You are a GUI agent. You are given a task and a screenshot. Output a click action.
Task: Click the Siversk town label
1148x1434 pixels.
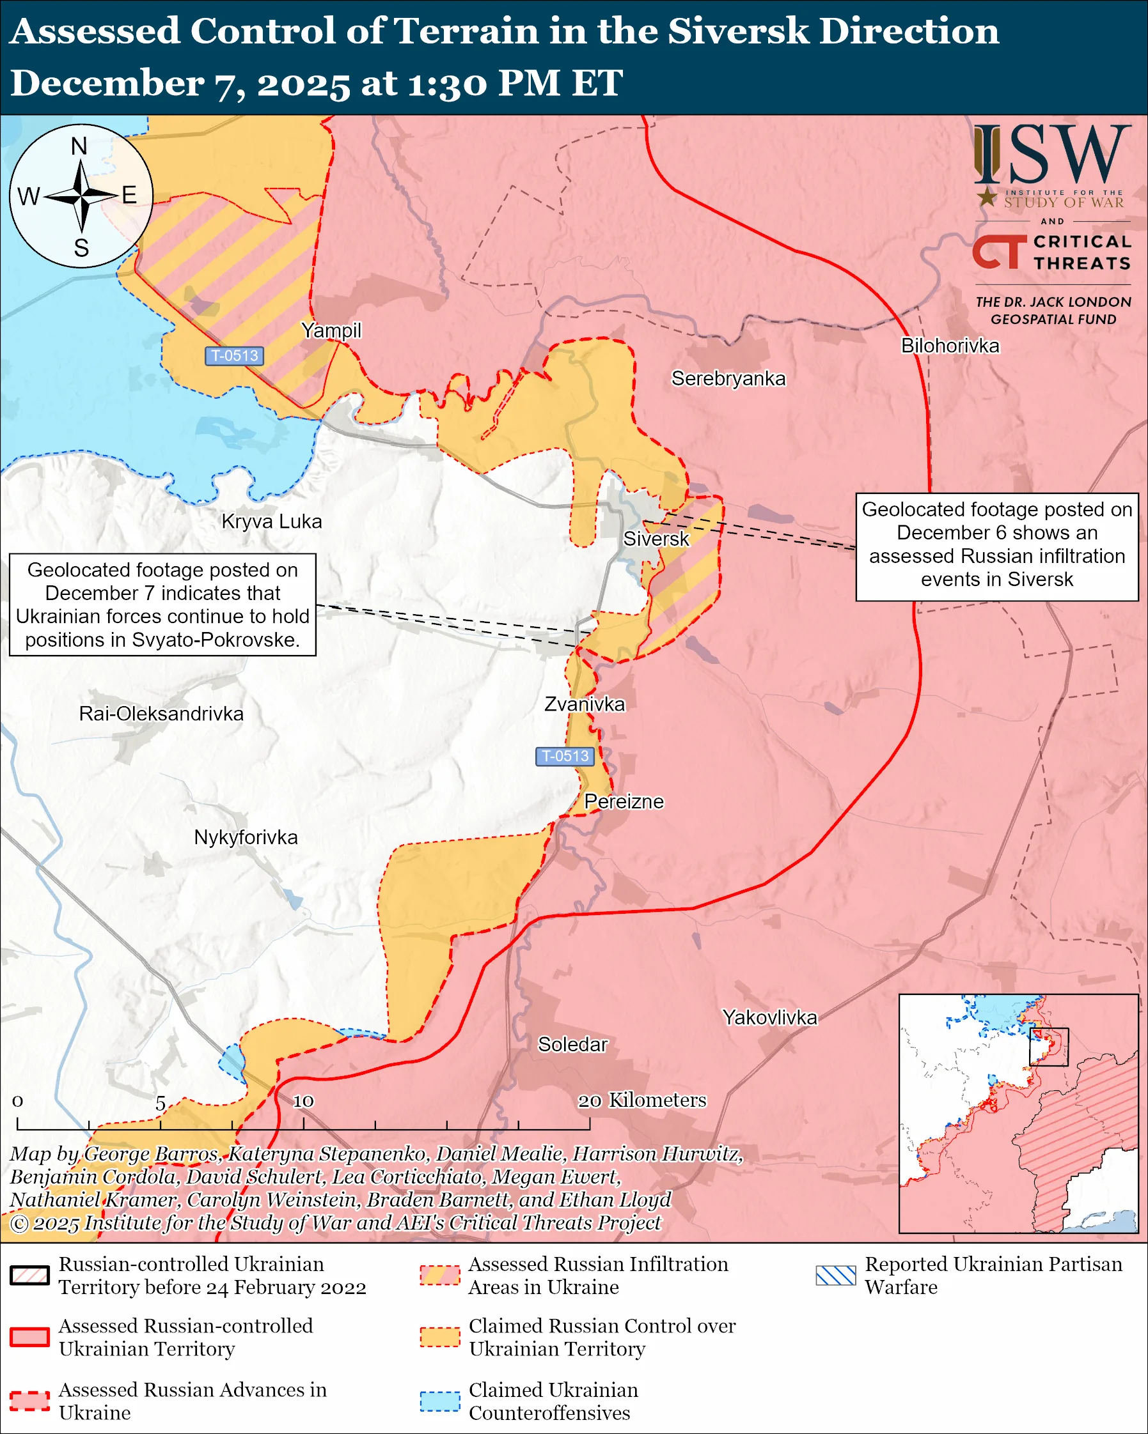656,539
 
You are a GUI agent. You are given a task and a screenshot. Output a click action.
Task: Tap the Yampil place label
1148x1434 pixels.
331,330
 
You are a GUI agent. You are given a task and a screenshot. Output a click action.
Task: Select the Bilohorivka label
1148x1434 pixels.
950,346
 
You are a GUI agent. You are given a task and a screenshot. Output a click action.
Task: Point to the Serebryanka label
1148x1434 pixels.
728,378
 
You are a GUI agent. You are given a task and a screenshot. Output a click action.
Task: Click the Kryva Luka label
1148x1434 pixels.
272,521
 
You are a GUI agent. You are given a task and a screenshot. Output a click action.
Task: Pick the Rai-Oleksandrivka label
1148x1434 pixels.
161,714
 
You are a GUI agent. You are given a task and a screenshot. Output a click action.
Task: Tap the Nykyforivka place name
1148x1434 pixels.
246,836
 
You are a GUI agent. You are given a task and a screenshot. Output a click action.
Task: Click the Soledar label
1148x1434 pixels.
572,1044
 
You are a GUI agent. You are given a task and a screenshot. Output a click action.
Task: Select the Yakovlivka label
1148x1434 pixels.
769,1017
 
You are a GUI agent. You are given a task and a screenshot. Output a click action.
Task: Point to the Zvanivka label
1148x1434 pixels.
585,704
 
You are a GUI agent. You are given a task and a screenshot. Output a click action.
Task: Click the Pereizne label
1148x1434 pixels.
624,801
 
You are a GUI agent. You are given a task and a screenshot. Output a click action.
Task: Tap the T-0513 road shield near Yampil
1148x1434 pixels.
234,356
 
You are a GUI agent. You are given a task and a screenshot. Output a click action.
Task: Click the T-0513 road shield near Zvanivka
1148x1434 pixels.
565,756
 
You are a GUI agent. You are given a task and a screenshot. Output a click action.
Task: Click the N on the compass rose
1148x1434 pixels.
79,146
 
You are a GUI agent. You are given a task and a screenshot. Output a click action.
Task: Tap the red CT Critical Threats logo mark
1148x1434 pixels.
998,252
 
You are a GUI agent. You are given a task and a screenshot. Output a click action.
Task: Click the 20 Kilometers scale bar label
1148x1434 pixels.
641,1100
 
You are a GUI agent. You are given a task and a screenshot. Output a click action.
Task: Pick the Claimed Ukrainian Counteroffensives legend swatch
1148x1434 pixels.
440,1401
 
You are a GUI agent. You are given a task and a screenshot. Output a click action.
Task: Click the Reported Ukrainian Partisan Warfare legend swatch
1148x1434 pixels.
835,1275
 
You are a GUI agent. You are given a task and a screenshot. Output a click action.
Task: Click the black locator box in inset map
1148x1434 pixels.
1048,1047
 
